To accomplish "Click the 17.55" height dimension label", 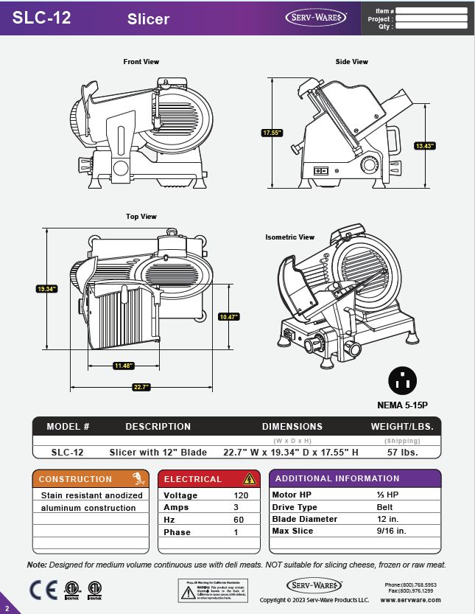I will point(272,133).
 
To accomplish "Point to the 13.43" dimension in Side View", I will point(425,146).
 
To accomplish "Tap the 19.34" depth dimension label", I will point(47,289).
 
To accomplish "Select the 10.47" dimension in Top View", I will point(229,317).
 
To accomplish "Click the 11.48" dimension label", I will point(123,366).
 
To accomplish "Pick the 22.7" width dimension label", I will point(141,387).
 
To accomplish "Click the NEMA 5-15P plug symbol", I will point(403,381).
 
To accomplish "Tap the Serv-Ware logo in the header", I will point(314,17).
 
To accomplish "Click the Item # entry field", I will point(432,11).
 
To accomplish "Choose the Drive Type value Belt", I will point(384,507).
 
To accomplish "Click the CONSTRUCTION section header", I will point(76,479).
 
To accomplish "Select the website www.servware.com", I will point(410,600).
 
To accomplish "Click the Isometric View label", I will point(290,237).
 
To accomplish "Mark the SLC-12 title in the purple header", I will point(42,18).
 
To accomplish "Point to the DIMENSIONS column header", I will point(292,427).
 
